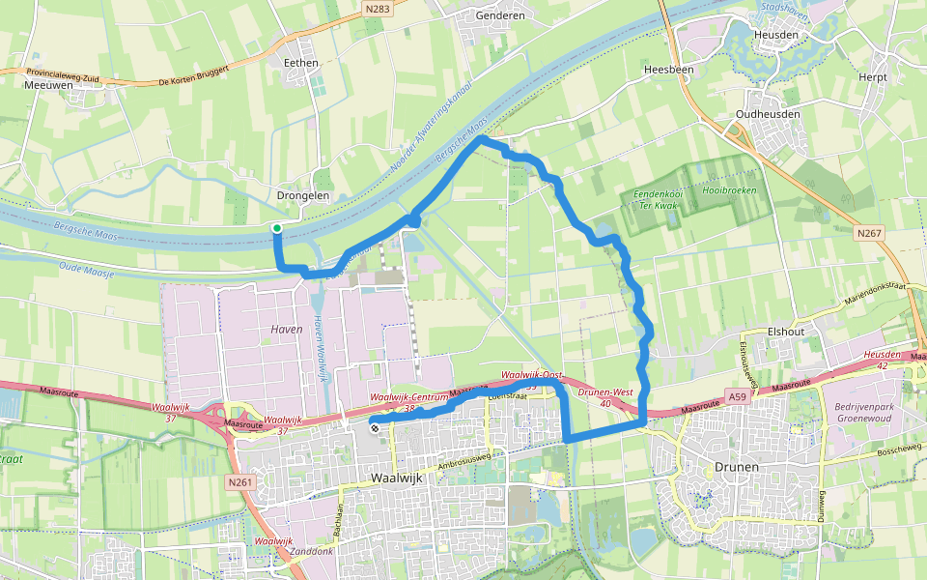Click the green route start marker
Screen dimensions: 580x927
point(277,228)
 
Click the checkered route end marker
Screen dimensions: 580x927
point(374,424)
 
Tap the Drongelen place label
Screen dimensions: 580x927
point(303,195)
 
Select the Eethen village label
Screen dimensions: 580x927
point(300,62)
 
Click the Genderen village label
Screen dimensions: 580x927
point(500,15)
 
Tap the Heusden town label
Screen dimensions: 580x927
point(775,35)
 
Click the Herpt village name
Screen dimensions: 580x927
point(872,76)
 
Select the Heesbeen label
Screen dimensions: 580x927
point(667,70)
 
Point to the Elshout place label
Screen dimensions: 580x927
point(785,331)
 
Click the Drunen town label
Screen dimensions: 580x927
point(738,467)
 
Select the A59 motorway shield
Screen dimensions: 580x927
point(739,396)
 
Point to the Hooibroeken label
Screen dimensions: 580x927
point(729,190)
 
